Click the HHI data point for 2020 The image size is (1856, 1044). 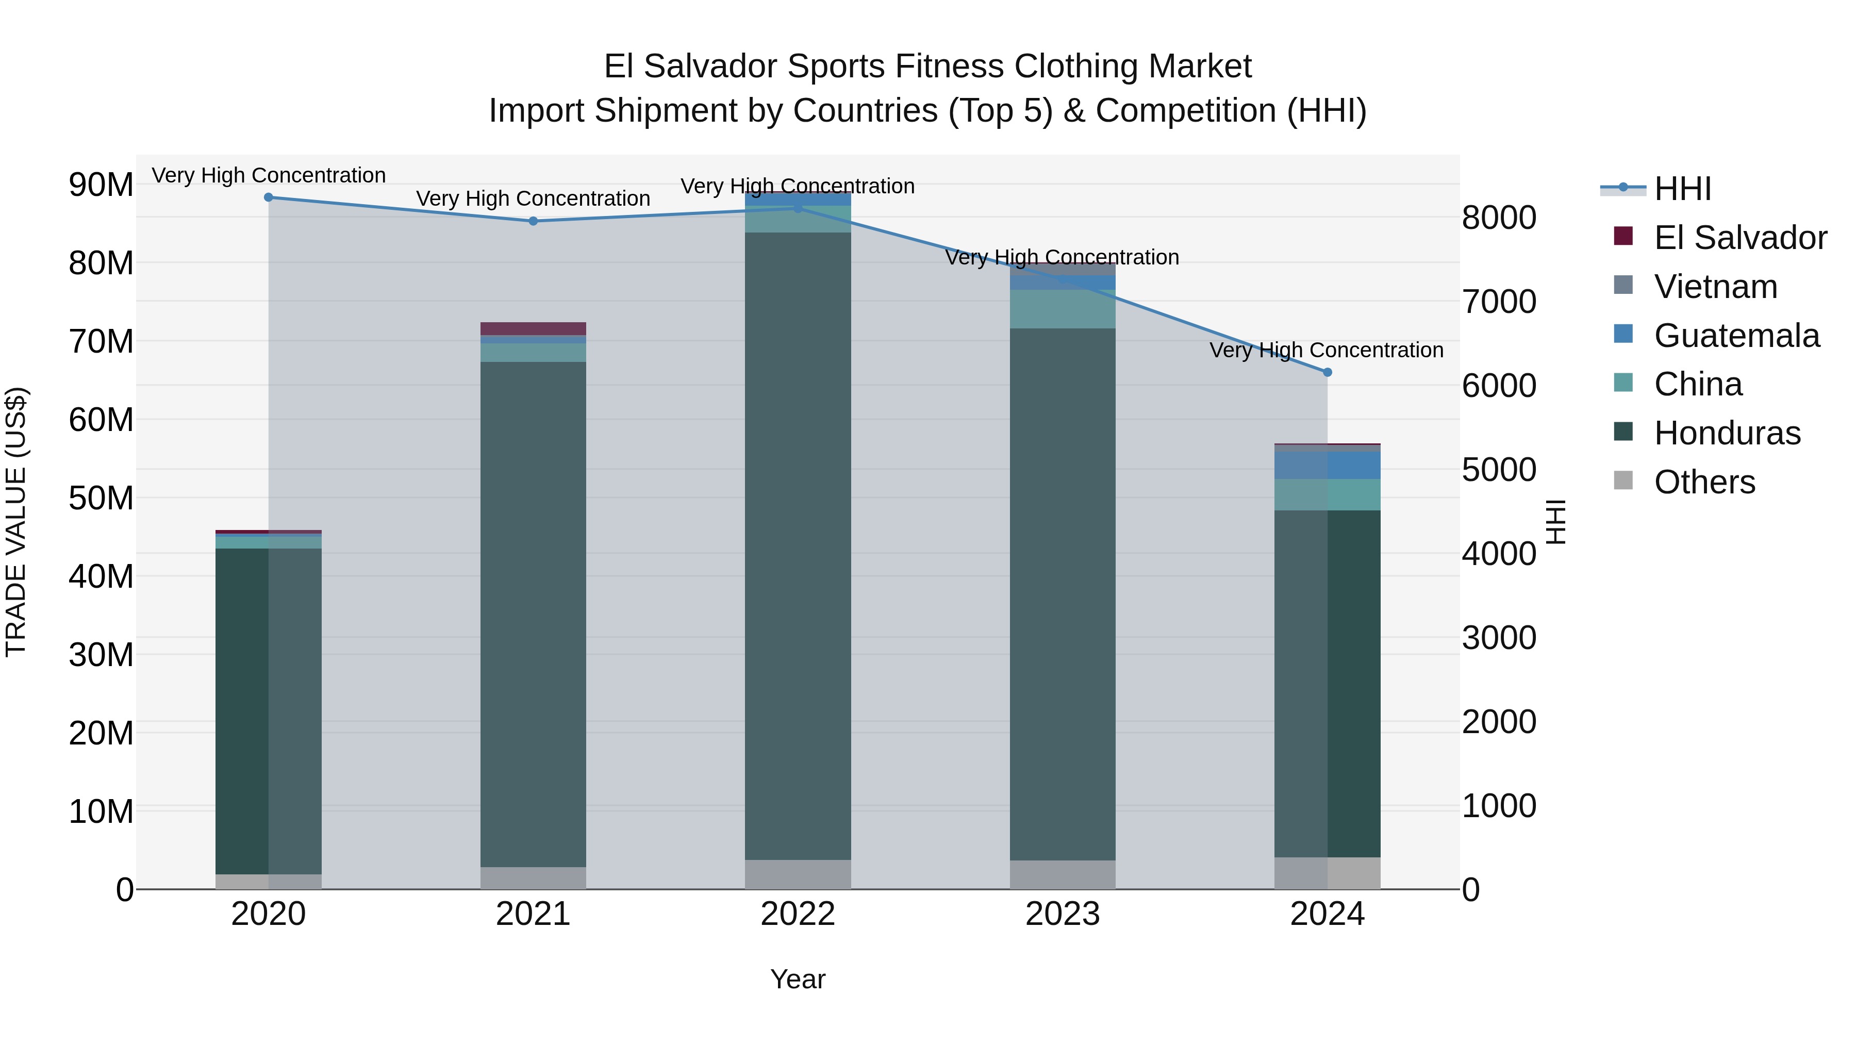(269, 197)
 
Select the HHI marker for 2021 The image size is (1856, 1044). (533, 221)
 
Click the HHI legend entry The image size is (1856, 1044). (1682, 189)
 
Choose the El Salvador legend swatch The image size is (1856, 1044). (1623, 236)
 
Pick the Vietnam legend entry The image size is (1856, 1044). (1715, 287)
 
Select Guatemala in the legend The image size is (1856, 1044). (1736, 336)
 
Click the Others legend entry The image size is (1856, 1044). (1704, 482)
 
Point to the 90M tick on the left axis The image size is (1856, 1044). (101, 185)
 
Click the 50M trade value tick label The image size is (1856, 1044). (101, 498)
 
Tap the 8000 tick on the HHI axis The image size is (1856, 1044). (1499, 218)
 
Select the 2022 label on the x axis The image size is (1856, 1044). (798, 914)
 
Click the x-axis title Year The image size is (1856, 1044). (798, 979)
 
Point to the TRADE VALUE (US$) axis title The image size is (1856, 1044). (16, 522)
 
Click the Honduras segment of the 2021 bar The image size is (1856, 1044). (533, 612)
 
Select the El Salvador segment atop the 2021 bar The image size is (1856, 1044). (533, 328)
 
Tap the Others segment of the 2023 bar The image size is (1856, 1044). (1063, 875)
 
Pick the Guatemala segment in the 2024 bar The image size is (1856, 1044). (1327, 466)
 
